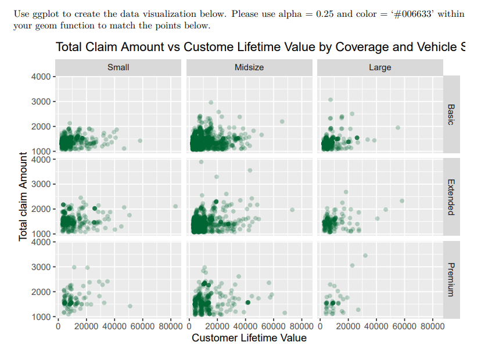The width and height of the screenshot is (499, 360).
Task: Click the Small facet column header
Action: (119, 67)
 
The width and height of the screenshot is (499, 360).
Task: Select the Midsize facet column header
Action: (249, 67)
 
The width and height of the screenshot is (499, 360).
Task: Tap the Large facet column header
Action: (380, 67)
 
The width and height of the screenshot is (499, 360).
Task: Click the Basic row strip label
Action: (451, 114)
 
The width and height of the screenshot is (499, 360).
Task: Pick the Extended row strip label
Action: (451, 197)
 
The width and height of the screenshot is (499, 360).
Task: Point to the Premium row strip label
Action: (451, 279)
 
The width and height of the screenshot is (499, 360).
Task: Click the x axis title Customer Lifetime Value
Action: (249, 338)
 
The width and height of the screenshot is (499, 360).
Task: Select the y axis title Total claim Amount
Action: (23, 196)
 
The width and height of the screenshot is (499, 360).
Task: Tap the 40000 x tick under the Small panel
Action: (114, 326)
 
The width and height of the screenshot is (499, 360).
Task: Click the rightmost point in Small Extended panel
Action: (175, 206)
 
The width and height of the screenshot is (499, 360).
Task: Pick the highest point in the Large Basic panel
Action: (331, 99)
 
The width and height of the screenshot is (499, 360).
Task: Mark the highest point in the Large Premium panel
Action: (365, 255)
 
